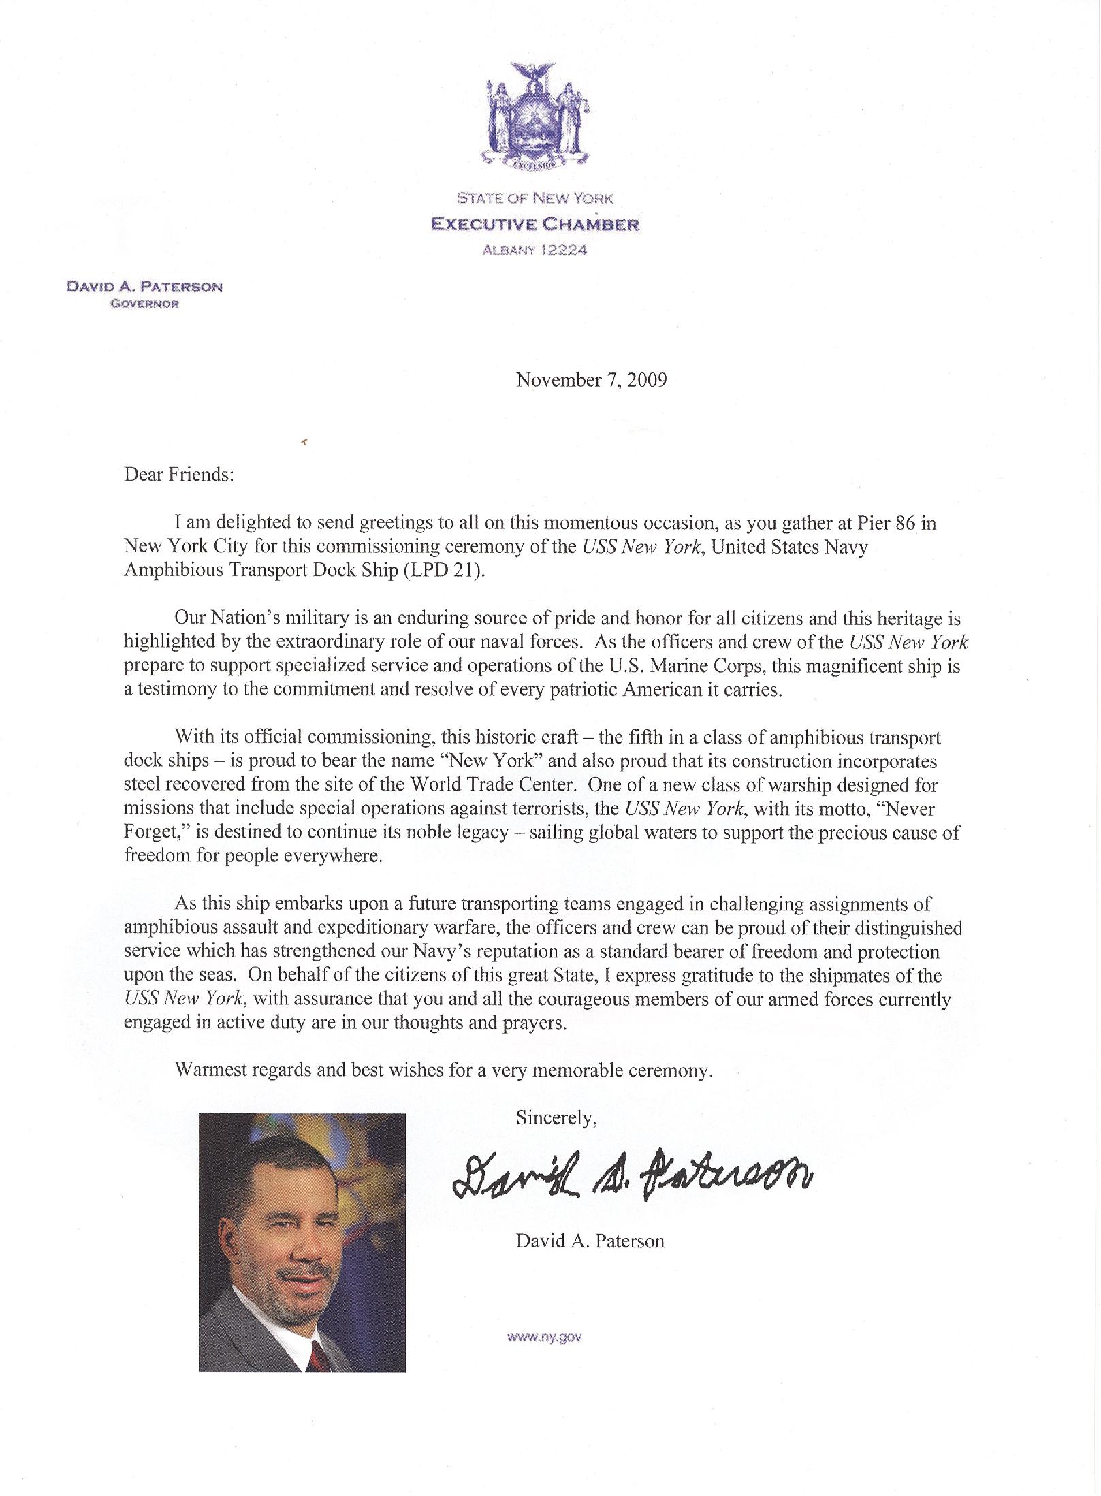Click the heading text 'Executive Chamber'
(x=535, y=224)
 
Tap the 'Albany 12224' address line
(x=534, y=250)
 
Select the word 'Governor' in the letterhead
(x=145, y=304)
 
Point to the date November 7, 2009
(x=591, y=379)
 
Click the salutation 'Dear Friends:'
(x=179, y=474)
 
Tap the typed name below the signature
(x=590, y=1241)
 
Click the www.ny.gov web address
(x=544, y=1337)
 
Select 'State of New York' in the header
(x=534, y=198)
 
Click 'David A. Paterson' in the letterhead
(x=144, y=287)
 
